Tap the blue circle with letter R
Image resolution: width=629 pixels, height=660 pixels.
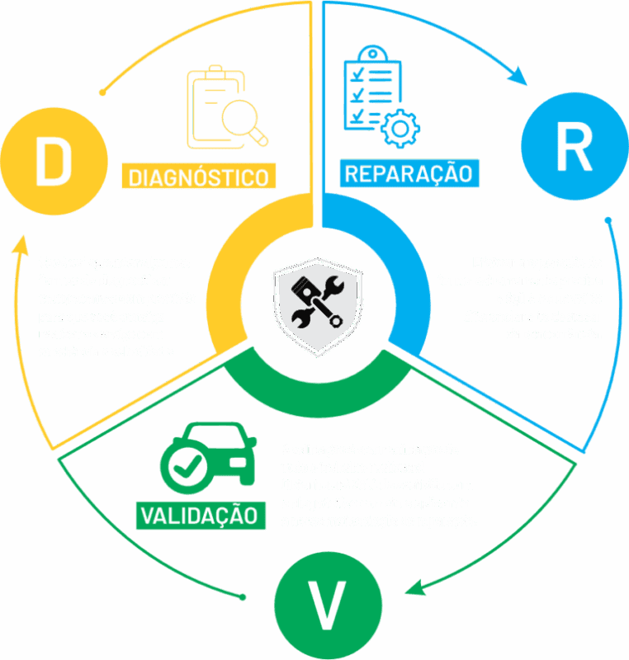click(x=574, y=148)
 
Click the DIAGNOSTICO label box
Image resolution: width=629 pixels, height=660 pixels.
click(x=199, y=177)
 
